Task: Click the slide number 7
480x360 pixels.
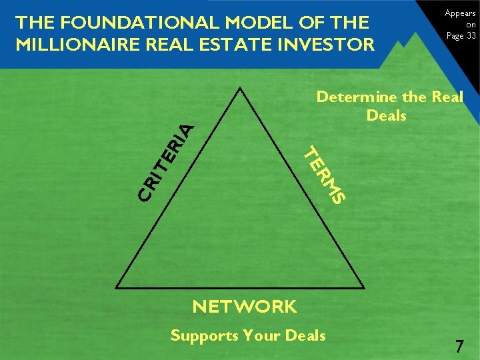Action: coord(459,347)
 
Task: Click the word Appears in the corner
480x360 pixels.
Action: coord(460,13)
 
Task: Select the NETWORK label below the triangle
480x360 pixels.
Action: coord(244,307)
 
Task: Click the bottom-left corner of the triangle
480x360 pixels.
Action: coord(117,287)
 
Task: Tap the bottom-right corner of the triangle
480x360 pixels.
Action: coord(364,287)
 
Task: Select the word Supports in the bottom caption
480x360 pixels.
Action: coord(204,335)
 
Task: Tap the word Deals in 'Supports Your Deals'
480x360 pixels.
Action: coord(305,335)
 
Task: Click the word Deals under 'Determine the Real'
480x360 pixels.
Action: coord(386,115)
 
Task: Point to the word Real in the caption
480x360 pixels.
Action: coord(447,97)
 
